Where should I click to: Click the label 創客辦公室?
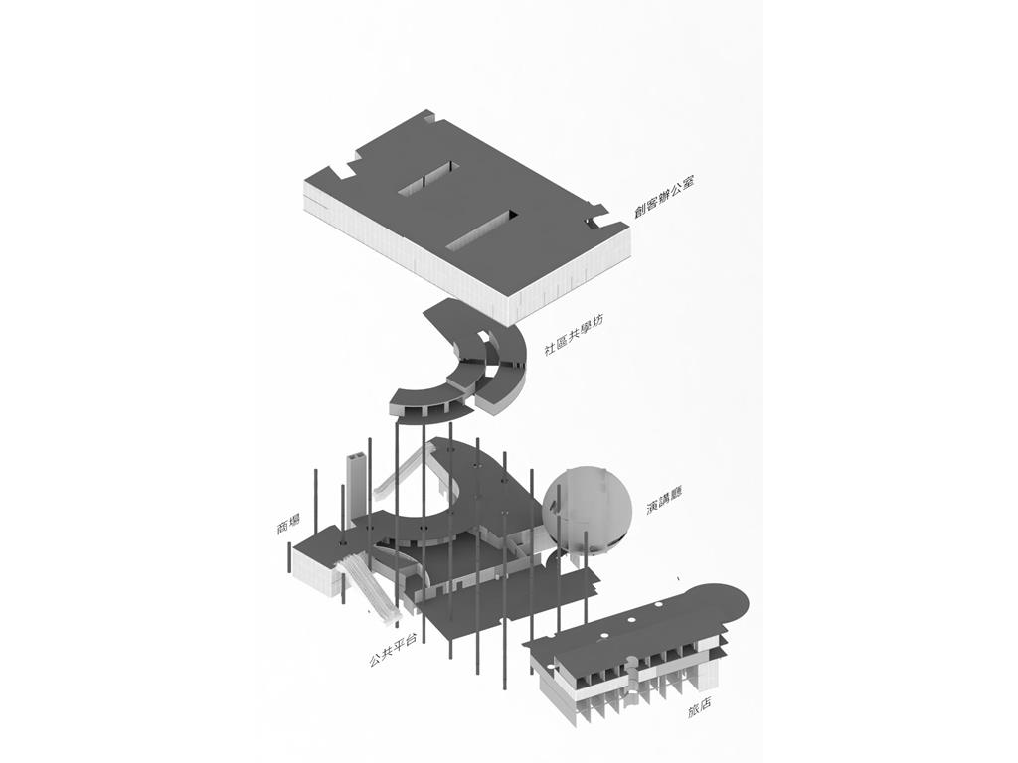[x=664, y=196]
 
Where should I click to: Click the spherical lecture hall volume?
[x=587, y=510]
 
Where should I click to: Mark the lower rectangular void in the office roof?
[x=484, y=230]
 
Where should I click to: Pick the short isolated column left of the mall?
[x=287, y=558]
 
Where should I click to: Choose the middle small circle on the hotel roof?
[x=630, y=622]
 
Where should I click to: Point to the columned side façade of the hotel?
[x=623, y=682]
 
